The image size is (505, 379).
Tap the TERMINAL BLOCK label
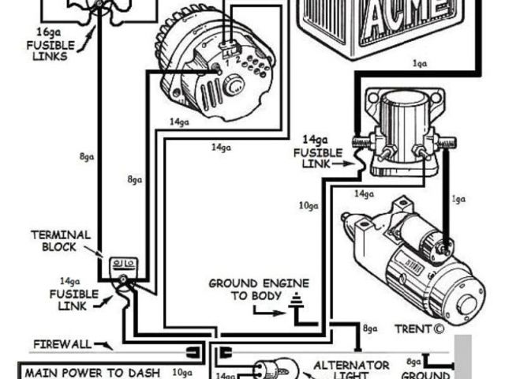[60, 241]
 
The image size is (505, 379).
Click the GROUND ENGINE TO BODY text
[258, 289]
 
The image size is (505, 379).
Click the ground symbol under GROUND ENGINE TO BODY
[297, 301]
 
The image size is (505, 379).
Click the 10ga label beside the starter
[307, 208]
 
